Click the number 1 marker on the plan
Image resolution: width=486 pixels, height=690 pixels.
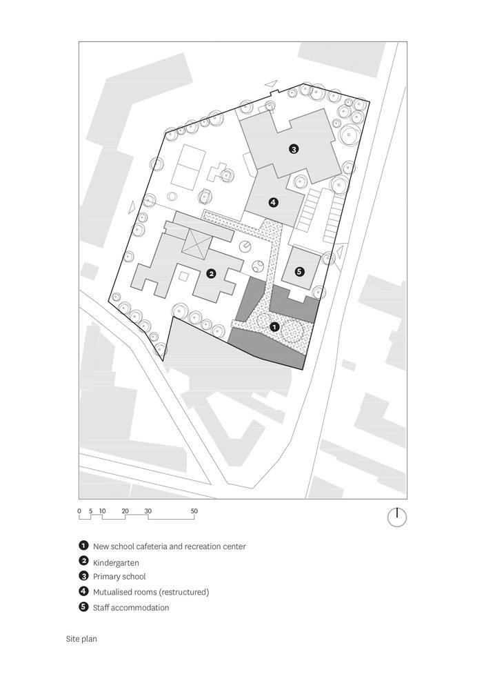coord(274,326)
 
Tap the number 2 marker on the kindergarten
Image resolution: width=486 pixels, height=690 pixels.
coord(211,274)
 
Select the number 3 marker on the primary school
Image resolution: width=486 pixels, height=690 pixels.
coord(293,149)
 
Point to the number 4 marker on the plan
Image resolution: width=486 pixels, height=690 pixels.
coord(273,202)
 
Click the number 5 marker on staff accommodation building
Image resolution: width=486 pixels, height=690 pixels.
coord(298,272)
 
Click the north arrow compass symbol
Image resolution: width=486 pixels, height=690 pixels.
coord(396,517)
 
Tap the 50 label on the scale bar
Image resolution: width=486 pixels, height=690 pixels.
coord(194,511)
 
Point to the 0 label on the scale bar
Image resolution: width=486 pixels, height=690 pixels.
coord(79,511)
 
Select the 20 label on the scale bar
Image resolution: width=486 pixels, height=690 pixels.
coord(125,511)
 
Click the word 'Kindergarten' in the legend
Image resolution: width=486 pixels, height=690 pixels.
coord(116,562)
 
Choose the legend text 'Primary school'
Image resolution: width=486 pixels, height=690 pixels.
coord(119,576)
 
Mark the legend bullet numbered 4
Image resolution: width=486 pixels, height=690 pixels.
coord(83,591)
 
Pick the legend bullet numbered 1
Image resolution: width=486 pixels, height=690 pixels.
coord(83,546)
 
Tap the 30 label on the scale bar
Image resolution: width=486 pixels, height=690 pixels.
coord(148,511)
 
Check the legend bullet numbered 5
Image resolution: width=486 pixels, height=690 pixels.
coord(83,607)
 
